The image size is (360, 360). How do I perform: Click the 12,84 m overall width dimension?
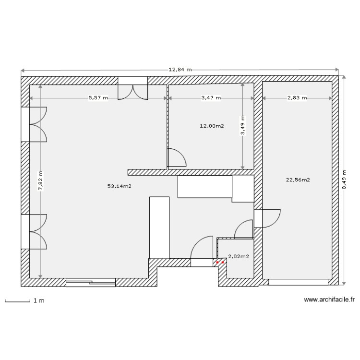click(180, 70)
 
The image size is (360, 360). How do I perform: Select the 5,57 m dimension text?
click(98, 98)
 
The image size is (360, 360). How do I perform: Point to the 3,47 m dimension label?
click(211, 98)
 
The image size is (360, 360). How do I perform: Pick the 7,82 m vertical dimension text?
click(40, 181)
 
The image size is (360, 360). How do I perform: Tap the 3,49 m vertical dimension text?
click(243, 126)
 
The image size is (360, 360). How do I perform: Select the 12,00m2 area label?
click(212, 126)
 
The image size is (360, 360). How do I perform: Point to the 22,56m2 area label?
click(298, 180)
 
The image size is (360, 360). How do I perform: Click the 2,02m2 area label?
click(238, 256)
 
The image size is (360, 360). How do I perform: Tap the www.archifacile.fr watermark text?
click(329, 300)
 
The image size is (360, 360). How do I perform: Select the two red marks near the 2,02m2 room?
click(220, 263)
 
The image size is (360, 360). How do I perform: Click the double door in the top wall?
click(133, 89)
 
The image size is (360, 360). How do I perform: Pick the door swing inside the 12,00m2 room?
click(176, 158)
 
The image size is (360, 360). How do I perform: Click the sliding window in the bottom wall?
click(91, 282)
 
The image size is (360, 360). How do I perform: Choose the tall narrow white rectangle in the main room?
click(159, 227)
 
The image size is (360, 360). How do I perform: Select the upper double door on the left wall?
click(35, 124)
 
